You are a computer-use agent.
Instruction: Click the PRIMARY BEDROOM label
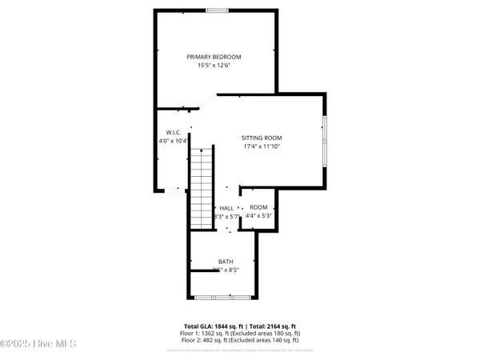214,57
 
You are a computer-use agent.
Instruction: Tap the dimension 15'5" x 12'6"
214,66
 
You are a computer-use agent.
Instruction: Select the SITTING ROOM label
262,138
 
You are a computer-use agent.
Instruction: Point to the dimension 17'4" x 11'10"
262,146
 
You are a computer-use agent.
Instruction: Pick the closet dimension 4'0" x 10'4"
174,141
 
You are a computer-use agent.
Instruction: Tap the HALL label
226,208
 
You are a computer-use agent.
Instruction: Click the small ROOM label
258,207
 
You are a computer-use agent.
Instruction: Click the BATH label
226,262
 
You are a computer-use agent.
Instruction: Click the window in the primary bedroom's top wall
215,10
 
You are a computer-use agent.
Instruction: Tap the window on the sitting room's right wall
324,141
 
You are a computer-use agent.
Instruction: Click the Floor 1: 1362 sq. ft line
240,334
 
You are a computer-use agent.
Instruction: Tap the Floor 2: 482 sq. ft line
240,342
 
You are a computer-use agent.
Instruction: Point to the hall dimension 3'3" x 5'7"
226,217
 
